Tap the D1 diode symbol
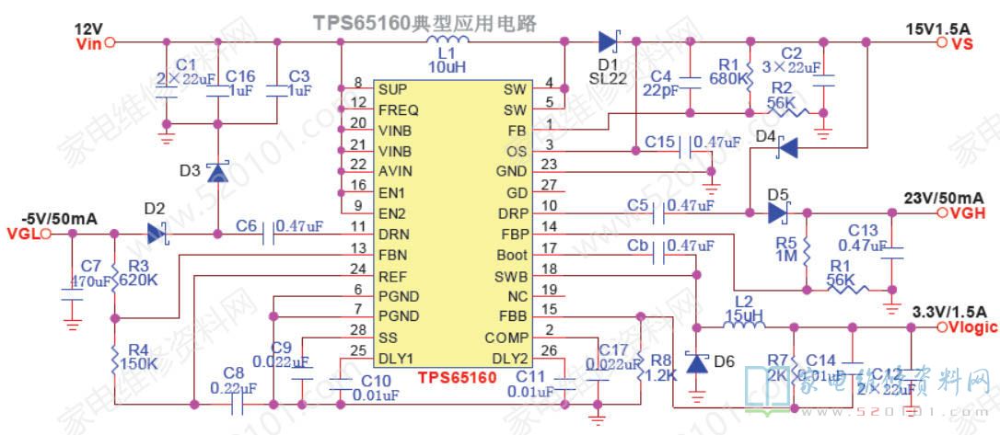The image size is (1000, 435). tap(608, 41)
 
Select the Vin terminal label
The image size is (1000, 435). tap(89, 42)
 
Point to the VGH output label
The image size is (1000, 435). tap(963, 212)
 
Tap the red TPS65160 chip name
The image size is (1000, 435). tap(458, 377)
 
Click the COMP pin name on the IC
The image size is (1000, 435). tap(506, 338)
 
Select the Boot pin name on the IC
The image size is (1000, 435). tap(511, 255)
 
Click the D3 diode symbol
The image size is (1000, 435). tap(217, 171)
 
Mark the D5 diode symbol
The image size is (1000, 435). tap(779, 212)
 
